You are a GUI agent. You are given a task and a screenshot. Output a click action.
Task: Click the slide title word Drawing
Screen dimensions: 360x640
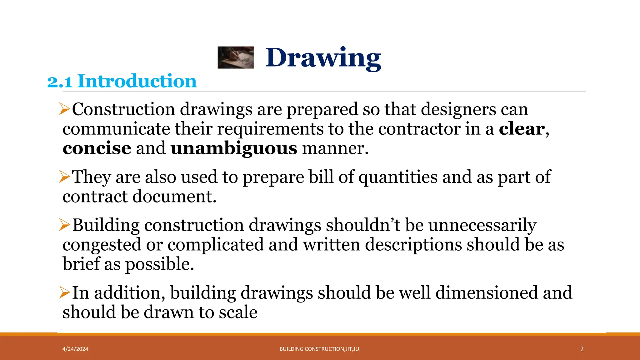coord(323,58)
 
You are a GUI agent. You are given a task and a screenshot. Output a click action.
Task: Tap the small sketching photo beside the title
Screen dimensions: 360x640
coord(235,57)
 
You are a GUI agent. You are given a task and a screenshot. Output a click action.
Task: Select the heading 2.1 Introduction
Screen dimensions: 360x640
coord(122,81)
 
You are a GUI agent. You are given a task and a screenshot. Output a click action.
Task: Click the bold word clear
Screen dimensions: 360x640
coord(522,129)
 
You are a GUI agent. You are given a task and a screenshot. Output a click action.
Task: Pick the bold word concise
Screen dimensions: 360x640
coord(97,148)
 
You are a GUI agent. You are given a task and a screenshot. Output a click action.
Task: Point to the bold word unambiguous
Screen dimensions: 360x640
coord(234,148)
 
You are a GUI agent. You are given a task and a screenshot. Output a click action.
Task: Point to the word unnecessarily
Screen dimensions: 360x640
coord(482,225)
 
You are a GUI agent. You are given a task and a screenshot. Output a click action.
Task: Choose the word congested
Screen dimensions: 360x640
coord(102,245)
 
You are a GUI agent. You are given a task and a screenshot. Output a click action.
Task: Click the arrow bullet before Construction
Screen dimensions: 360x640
coord(64,109)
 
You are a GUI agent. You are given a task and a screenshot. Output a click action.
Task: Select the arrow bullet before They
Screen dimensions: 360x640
coord(64,177)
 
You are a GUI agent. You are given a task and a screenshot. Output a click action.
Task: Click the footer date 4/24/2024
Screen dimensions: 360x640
coord(75,349)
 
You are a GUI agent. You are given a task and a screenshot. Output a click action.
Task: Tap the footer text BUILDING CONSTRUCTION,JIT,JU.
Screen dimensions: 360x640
coord(320,349)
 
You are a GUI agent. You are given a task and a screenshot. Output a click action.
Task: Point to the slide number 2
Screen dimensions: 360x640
coord(582,349)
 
